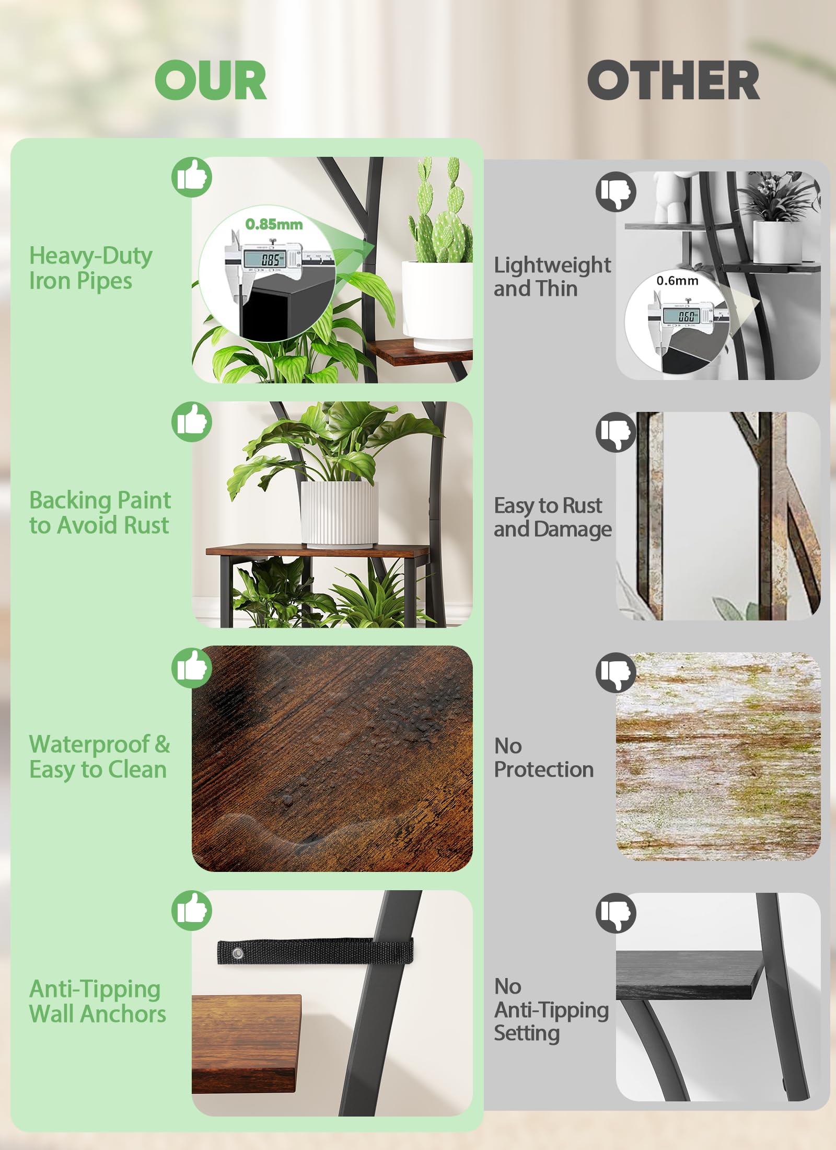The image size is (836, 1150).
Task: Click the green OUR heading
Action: tap(211, 80)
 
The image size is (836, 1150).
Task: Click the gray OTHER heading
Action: tap(674, 80)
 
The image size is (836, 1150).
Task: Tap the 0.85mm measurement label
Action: tap(274, 224)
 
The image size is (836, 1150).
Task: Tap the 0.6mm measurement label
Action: tap(677, 281)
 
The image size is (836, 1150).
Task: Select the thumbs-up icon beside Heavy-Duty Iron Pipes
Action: tap(192, 177)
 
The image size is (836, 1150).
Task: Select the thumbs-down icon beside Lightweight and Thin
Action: tap(616, 191)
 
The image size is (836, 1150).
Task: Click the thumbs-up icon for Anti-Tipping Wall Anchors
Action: tap(192, 910)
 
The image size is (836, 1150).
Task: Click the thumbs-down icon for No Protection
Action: tap(616, 673)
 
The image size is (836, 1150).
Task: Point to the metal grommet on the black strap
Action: tap(237, 953)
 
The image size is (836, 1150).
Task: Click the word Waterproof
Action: tap(89, 744)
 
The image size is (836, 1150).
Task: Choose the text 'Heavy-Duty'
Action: tap(91, 256)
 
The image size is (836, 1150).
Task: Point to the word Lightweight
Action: tap(552, 266)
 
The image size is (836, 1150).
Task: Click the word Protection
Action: tap(544, 769)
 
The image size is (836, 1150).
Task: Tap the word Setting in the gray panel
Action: tap(527, 1033)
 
